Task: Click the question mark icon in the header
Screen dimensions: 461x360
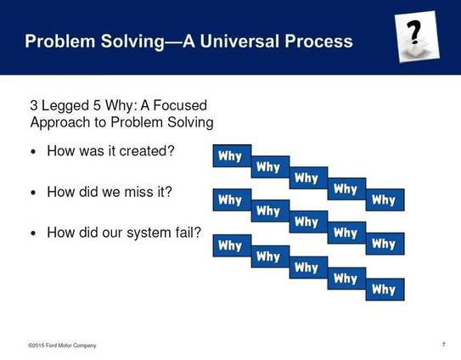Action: [417, 37]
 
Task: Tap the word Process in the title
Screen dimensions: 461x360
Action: [318, 41]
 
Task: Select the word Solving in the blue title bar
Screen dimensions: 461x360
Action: [133, 42]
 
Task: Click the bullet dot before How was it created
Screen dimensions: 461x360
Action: [33, 152]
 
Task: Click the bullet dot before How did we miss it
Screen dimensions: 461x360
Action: [33, 193]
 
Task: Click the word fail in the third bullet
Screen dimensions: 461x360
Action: [188, 233]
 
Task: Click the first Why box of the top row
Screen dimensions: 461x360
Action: [232, 155]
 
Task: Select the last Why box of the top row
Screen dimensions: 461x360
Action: [385, 200]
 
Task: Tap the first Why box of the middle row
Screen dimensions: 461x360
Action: [232, 200]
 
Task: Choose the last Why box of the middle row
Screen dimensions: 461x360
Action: [385, 244]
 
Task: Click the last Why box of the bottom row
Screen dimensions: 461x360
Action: [385, 290]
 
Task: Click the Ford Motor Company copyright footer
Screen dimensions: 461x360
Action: [62, 346]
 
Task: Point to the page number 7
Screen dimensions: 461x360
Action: [444, 345]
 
